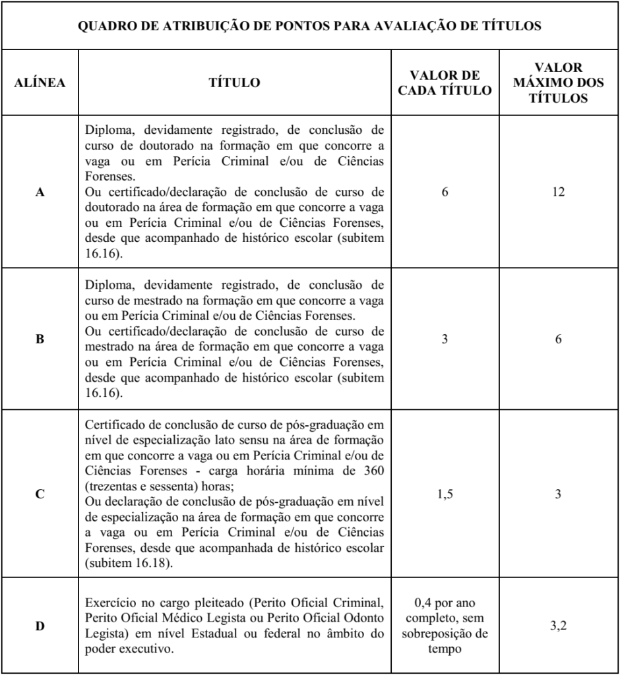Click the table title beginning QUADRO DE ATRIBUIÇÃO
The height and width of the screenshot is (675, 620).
[x=310, y=26]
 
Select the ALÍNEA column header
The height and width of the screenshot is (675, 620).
[x=40, y=84]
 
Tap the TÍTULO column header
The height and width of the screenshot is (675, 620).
[x=234, y=84]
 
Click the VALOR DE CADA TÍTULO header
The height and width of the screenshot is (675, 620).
[x=445, y=84]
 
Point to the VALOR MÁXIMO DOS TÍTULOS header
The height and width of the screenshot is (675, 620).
[x=558, y=84]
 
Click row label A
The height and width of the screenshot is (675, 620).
[x=40, y=194]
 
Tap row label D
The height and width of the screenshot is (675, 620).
[x=40, y=626]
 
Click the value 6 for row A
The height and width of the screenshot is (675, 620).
[x=445, y=194]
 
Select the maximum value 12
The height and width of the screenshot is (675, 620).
[x=558, y=194]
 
